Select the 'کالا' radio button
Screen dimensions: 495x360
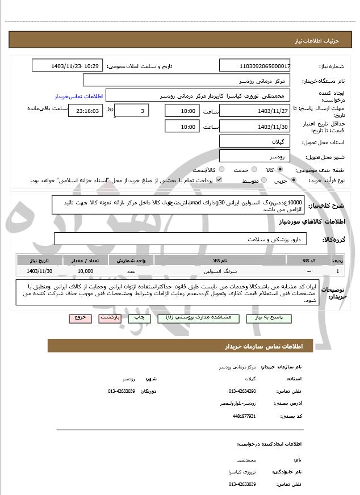(280, 169)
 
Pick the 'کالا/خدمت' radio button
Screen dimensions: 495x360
(221, 169)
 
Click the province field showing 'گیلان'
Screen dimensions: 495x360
(255, 141)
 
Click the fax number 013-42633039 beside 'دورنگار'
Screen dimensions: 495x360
(122, 391)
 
